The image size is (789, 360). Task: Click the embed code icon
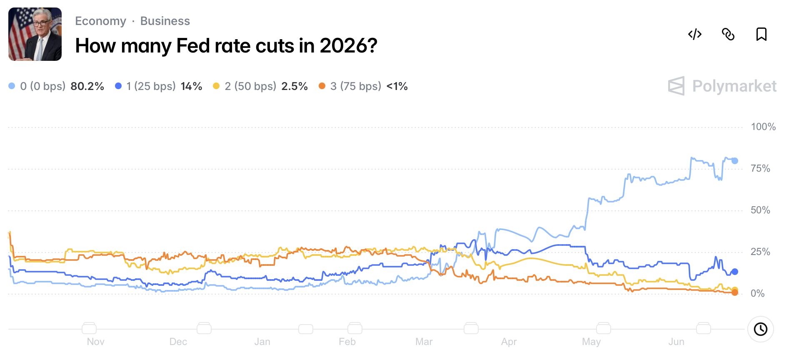point(695,34)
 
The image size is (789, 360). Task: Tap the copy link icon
point(728,34)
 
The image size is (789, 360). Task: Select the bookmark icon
point(762,34)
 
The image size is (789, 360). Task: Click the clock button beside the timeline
point(761,329)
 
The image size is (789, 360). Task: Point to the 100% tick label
point(763,127)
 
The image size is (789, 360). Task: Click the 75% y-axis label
point(760,168)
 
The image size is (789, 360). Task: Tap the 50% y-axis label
point(760,210)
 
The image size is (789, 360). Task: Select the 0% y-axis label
point(757,293)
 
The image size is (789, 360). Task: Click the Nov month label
point(95,342)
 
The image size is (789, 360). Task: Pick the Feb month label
point(347,342)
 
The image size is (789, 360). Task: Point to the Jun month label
point(676,342)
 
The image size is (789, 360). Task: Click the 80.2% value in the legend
point(87,86)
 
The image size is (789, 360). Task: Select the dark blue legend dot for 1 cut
point(118,86)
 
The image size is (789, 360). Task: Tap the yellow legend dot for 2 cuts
point(216,86)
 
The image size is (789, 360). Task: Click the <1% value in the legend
point(397,86)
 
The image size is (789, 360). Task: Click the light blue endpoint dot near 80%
point(735,161)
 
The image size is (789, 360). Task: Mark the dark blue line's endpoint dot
point(735,272)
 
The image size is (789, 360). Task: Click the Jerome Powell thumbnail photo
point(35,34)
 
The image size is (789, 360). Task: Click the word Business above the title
point(165,21)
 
